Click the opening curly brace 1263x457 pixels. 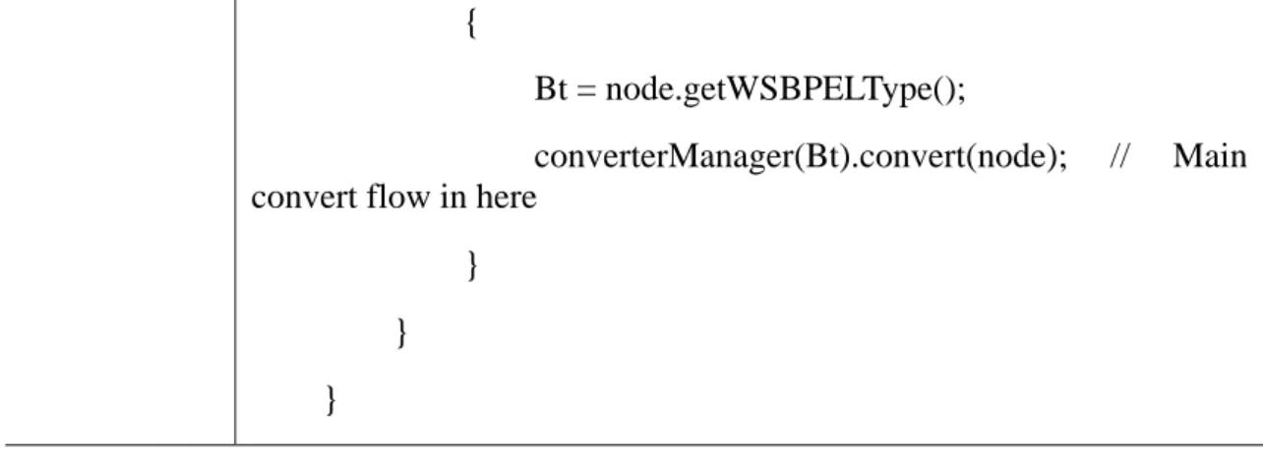pos(471,25)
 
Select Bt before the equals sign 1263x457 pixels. pos(550,89)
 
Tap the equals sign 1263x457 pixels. pos(586,90)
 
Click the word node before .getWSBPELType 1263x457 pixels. pos(639,89)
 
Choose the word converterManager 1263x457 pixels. pos(664,156)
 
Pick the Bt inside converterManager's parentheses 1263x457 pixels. pos(823,156)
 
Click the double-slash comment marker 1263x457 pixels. pos(1119,156)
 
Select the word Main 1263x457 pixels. pos(1210,156)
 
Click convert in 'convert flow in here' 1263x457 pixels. pos(304,198)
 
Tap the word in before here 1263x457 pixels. pos(452,197)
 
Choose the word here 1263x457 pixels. pos(506,197)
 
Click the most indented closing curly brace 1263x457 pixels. pos(473,264)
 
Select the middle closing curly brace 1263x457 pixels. pos(401,332)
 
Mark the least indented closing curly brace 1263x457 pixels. pos(331,400)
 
